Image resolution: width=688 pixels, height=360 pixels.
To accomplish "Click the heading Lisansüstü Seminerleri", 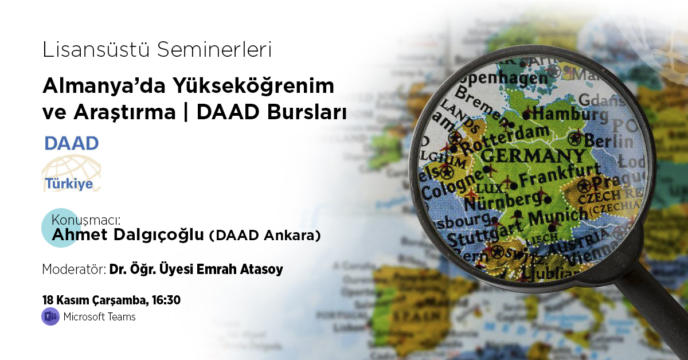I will point(157,50).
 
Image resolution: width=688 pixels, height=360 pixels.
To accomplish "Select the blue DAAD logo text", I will point(72,143).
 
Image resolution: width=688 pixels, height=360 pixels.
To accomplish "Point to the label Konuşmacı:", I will point(88,220).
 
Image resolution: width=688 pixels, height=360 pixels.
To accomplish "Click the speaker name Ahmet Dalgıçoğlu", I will point(128,235).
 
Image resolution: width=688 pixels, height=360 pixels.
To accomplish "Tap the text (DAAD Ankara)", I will point(264,236).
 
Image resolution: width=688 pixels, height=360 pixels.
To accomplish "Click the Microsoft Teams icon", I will point(50,316).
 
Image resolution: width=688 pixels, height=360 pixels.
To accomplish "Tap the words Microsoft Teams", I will point(100,316).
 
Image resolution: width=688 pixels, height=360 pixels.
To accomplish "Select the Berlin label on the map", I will point(605,140).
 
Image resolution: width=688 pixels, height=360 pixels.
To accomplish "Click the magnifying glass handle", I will point(659,310).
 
